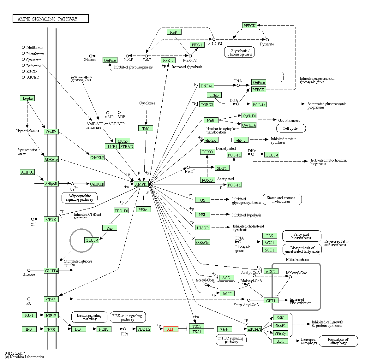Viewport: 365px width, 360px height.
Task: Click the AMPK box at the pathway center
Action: (x=141, y=184)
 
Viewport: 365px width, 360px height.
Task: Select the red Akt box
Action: (x=171, y=329)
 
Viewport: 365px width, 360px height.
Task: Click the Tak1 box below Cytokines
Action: (x=146, y=128)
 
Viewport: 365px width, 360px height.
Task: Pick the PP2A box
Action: (x=143, y=210)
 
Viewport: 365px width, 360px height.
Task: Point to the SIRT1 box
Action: (x=222, y=168)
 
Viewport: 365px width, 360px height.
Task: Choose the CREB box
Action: (x=214, y=95)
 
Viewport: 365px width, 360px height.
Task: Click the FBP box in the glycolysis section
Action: (x=174, y=32)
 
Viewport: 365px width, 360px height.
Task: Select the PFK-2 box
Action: (x=168, y=60)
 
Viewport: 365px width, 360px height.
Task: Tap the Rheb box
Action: (x=224, y=329)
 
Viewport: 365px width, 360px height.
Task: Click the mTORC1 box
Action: (x=254, y=329)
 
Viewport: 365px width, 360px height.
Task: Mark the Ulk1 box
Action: (x=280, y=341)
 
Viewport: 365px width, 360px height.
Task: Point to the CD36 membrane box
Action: (x=51, y=299)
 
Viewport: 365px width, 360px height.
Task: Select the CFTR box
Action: (x=51, y=219)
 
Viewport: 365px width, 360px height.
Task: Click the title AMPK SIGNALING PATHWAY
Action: (x=51, y=19)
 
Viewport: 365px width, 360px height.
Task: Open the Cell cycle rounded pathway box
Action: (x=291, y=128)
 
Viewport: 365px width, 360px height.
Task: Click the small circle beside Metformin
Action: (x=23, y=47)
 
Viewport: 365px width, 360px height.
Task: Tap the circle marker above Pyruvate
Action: (x=267, y=40)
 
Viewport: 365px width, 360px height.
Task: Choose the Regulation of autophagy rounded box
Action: (x=338, y=341)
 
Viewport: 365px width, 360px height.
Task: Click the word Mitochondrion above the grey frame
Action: (x=297, y=260)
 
